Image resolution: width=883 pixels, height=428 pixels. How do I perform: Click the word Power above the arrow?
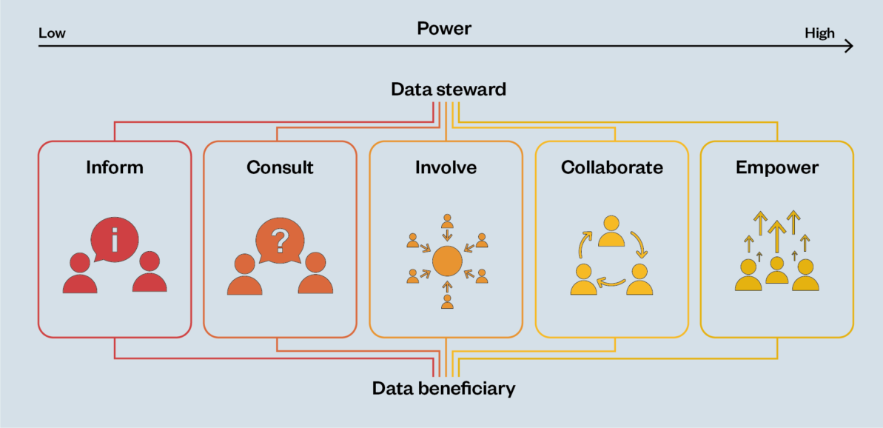coord(444,29)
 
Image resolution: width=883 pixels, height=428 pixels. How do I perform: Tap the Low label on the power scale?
coord(52,33)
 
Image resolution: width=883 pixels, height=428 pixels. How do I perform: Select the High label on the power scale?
coord(819,33)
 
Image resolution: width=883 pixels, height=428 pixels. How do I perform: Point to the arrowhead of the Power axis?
coord(848,46)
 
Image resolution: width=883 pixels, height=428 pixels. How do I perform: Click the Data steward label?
coord(449,90)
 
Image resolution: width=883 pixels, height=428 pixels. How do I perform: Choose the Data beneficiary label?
coord(443,388)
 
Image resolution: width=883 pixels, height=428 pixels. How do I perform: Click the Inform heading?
coord(115,167)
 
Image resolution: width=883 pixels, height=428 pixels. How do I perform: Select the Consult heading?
coord(280,167)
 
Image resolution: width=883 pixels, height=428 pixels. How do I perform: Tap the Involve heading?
coord(446,167)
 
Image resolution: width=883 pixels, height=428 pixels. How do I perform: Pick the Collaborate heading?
coord(611,167)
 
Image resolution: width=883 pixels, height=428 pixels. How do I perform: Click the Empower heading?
coord(777,167)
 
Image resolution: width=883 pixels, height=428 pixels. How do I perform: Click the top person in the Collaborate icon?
coord(611,231)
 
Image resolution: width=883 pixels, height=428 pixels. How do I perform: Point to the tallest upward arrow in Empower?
coord(776,235)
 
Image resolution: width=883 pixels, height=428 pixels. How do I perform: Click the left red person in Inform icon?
coord(79,274)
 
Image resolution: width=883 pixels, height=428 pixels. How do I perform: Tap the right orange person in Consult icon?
coord(316,274)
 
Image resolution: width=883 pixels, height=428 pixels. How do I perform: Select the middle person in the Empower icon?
coord(776,271)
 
